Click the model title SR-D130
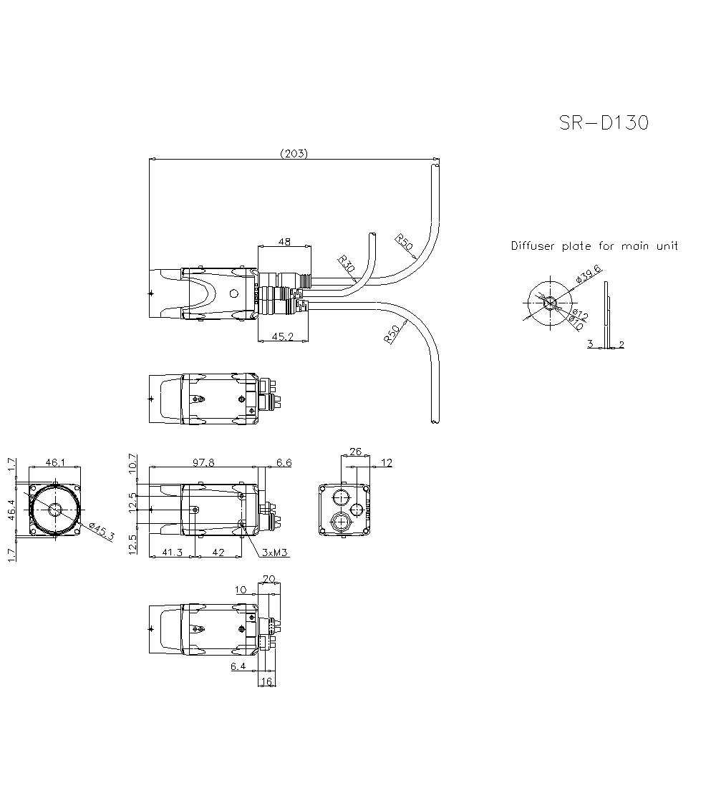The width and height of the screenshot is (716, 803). coord(604,123)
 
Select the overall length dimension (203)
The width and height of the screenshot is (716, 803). coord(294,153)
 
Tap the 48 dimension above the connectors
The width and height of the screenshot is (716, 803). coord(284,243)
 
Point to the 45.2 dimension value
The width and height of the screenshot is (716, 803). coord(283,336)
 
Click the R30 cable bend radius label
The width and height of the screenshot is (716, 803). coord(347,265)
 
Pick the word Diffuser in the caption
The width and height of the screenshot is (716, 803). coord(533,246)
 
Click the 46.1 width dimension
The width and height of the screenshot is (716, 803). coord(55,463)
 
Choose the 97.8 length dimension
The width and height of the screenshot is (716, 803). coord(203,463)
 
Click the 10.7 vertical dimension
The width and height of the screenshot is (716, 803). coord(132,463)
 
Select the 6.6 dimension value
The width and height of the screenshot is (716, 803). coord(284,463)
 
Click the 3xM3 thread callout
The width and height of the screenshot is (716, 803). coord(275,553)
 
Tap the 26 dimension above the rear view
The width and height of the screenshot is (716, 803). coord(355,452)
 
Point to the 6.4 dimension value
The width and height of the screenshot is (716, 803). coord(238,666)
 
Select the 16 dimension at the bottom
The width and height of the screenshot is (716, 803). coord(266,682)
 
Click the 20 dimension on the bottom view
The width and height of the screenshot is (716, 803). coord(269,579)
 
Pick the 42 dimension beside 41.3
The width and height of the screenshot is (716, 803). coord(218,553)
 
